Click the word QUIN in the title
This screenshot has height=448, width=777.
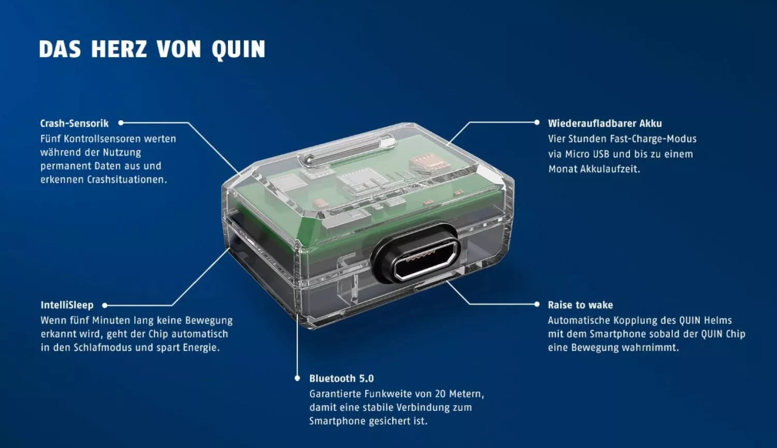point(239,49)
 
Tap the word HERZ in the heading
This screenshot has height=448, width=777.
point(119,49)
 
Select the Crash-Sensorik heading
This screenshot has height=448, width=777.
point(74,123)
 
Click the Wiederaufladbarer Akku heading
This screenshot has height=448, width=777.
point(605,123)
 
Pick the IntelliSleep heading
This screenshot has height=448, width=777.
point(67,305)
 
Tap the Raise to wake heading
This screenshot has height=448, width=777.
point(580,305)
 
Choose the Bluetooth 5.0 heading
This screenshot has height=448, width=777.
point(342,378)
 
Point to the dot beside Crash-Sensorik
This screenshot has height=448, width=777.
point(121,122)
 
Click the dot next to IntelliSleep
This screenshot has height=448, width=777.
point(105,305)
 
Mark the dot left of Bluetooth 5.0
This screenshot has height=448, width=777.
point(297,378)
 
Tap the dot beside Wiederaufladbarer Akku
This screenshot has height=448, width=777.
point(537,122)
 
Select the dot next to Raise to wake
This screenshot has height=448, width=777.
point(537,304)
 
